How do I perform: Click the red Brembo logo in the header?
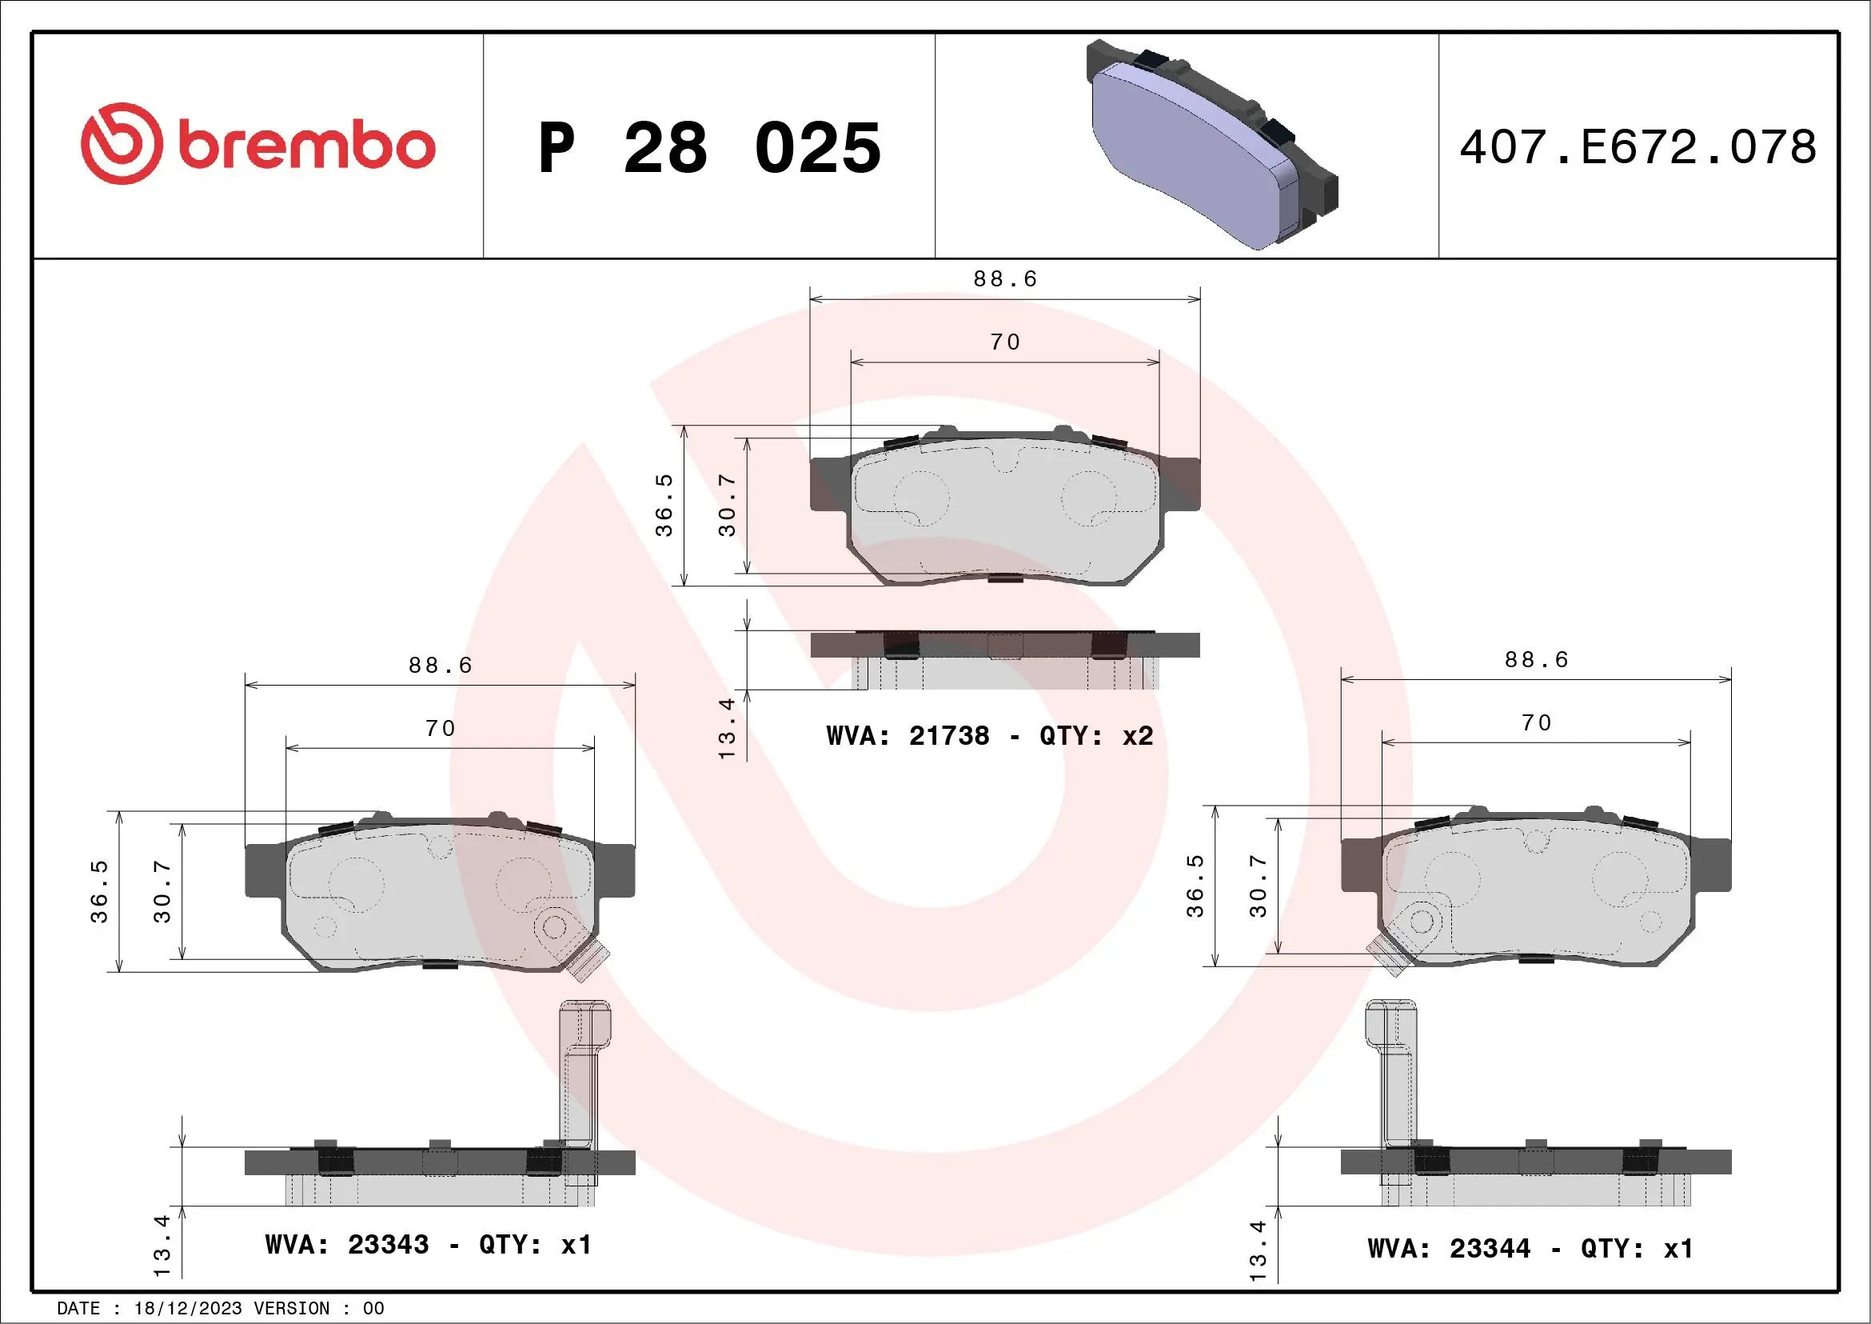pos(257,144)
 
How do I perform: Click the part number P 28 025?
pos(709,148)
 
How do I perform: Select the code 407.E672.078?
pos(1638,147)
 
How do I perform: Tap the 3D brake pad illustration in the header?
pos(1211,144)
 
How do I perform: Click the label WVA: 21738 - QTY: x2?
pos(989,736)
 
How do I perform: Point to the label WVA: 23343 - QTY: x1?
pos(428,1245)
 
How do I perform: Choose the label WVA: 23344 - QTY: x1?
pos(1530,1248)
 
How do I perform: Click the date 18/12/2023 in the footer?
pos(187,1309)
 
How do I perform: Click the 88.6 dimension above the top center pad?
pos(1005,280)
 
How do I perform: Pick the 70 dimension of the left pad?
pos(440,728)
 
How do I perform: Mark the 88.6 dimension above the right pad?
pos(1536,659)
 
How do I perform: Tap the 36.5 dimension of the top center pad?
pos(665,506)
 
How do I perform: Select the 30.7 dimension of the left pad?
pos(163,891)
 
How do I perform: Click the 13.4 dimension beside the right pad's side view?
pos(1259,1250)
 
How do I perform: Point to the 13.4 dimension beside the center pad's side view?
pos(727,728)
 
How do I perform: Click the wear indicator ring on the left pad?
pos(555,927)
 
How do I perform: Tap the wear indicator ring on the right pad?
pos(1421,922)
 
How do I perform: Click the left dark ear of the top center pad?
pos(830,485)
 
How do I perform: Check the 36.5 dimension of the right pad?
pos(1195,886)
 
